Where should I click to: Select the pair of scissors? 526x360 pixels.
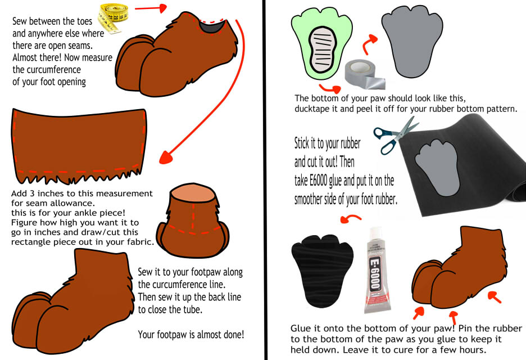tap(396, 136)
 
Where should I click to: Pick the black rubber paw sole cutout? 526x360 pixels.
tap(322, 271)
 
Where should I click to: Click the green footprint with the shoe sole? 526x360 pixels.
tap(321, 44)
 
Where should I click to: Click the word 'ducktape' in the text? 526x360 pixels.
tap(312, 109)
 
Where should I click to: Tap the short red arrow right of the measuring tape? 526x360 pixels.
tap(151, 8)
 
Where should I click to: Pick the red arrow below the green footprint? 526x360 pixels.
tap(330, 88)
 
